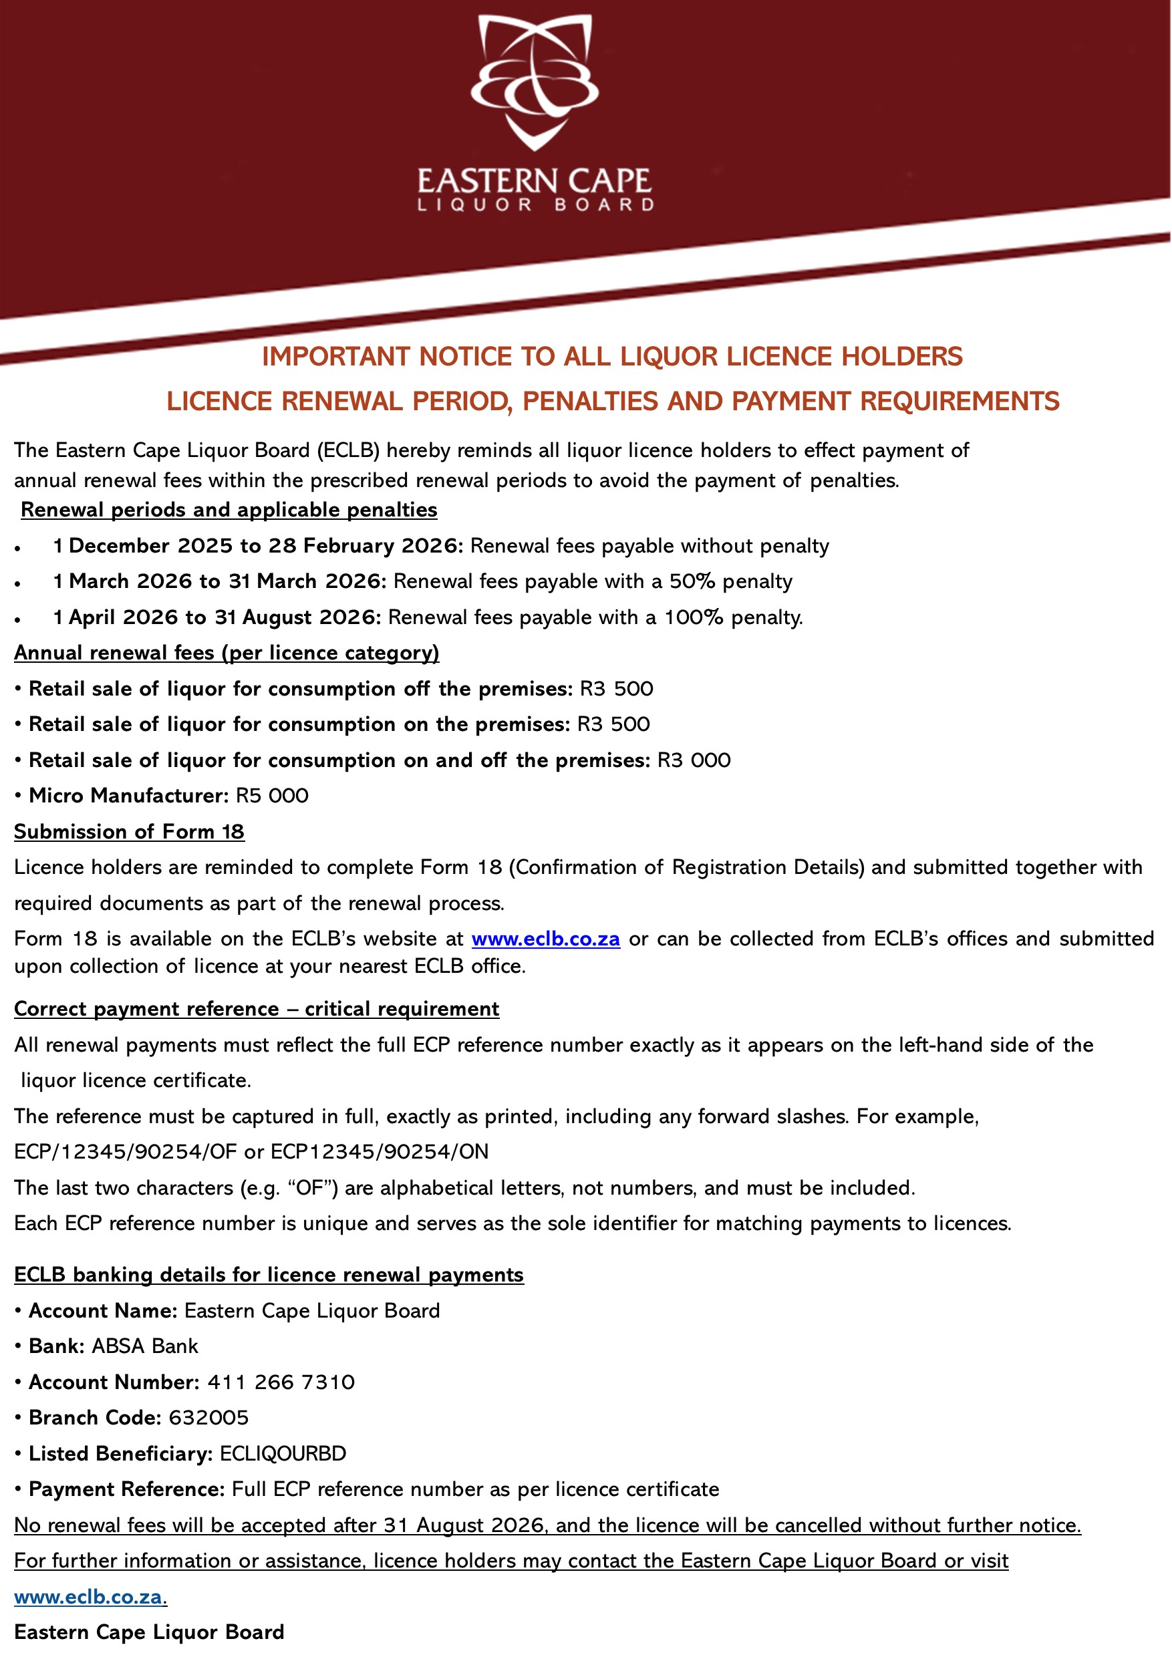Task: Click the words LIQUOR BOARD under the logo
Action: (535, 205)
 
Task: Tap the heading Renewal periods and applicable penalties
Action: (229, 510)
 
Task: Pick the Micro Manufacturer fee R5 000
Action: (272, 795)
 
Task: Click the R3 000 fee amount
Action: (694, 760)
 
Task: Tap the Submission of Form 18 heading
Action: (129, 831)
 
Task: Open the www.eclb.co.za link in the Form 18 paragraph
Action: (546, 938)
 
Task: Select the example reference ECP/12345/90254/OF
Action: (126, 1151)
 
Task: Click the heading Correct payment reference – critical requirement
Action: (256, 1008)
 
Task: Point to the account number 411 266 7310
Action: (281, 1381)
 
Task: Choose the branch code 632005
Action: (208, 1417)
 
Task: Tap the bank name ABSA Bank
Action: (145, 1346)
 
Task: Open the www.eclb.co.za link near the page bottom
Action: (90, 1596)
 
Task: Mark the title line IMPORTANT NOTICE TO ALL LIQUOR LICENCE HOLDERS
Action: (612, 357)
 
